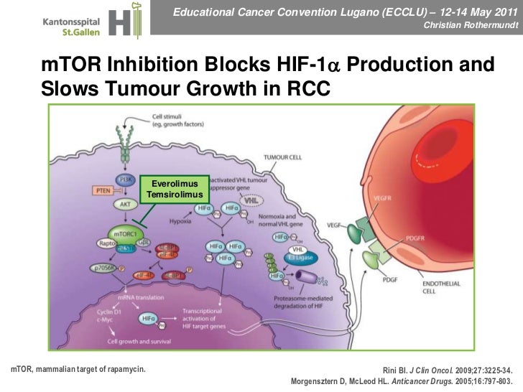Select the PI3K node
tap(125, 179)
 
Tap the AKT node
tap(125, 204)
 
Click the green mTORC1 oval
tap(126, 233)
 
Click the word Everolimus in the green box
tap(176, 184)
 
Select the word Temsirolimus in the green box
tap(176, 195)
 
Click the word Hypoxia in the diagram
tap(180, 221)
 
